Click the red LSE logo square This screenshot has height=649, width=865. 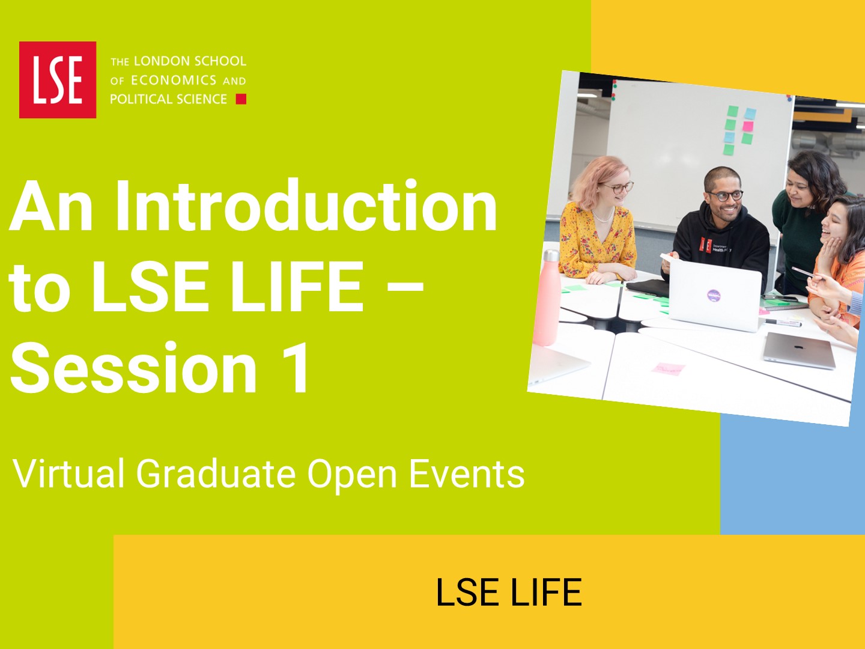58,79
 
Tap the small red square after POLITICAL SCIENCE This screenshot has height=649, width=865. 241,99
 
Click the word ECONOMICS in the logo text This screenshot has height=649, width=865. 174,80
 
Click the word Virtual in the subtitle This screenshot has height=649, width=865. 68,474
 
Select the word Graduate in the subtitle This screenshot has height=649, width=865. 216,474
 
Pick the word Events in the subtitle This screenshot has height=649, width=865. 467,474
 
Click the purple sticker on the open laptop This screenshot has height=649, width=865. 714,294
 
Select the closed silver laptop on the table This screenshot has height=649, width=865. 800,350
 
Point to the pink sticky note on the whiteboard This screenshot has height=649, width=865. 748,126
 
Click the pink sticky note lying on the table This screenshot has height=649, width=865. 669,368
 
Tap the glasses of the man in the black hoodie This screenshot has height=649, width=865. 726,196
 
